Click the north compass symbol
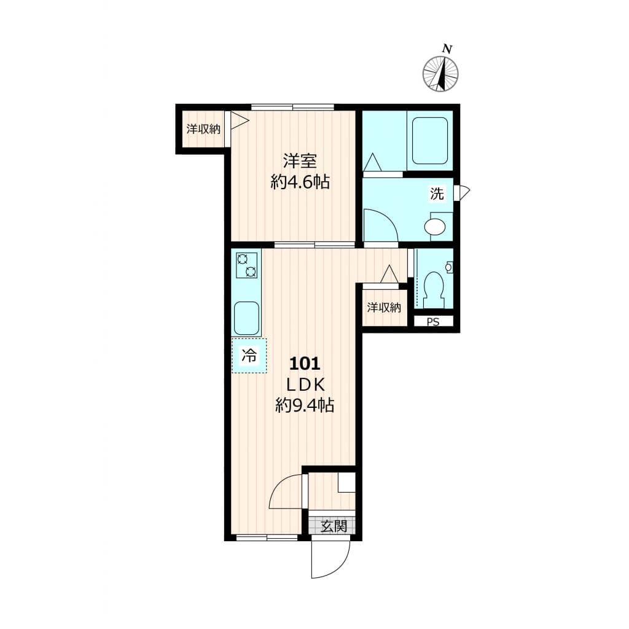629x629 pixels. tap(440, 74)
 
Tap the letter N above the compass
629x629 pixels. tap(448, 49)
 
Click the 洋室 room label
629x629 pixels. tap(300, 162)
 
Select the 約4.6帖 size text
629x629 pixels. tap(300, 182)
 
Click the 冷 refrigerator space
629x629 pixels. tap(249, 356)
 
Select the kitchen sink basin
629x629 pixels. tap(246, 318)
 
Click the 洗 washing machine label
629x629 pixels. tap(437, 195)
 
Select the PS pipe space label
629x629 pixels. tap(433, 321)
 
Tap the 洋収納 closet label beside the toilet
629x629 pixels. tap(385, 308)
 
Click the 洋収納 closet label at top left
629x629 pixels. tap(203, 129)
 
